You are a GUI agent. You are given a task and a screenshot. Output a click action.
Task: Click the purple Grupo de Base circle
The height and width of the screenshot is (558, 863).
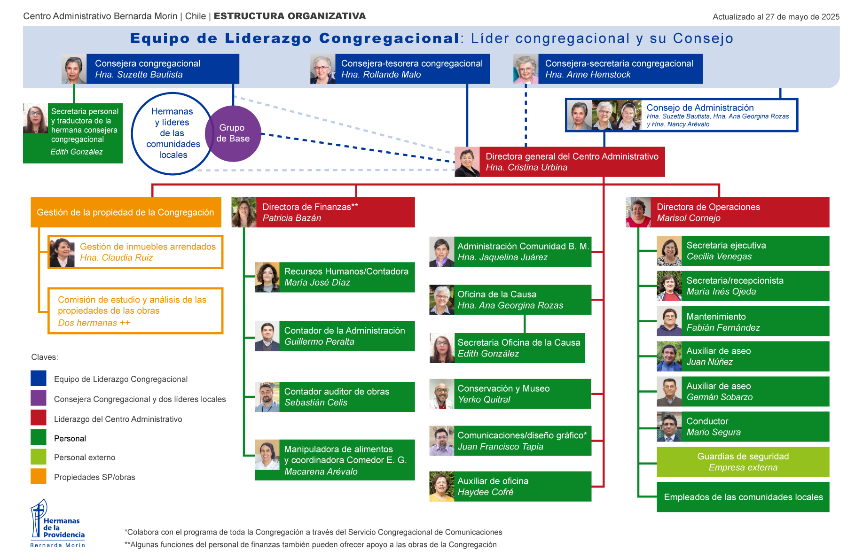pos(233,133)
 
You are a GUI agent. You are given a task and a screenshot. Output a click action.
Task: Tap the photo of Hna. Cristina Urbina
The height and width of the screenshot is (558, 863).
pos(467,162)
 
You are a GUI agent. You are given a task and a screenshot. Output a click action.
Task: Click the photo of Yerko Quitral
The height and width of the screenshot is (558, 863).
pos(442,394)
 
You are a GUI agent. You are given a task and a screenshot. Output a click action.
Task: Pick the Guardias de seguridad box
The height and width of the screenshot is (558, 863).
pos(743,462)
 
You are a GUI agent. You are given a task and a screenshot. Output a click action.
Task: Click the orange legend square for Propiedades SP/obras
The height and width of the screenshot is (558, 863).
pos(39,476)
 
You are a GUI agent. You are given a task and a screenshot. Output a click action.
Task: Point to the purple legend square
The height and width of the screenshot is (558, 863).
pos(39,398)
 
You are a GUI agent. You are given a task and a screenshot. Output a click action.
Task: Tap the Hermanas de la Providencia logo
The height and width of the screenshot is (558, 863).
pos(57,523)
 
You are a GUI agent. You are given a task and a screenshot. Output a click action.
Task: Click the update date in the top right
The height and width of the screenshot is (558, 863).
pos(776,17)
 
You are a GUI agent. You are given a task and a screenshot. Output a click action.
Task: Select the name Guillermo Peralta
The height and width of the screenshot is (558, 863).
pos(319,342)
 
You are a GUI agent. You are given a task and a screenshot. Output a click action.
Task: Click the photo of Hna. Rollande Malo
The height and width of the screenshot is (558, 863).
pos(323,69)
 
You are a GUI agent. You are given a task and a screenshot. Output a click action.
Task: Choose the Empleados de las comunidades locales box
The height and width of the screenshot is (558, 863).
pos(743,497)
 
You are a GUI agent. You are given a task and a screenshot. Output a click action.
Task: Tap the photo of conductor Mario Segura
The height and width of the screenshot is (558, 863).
pos(669,426)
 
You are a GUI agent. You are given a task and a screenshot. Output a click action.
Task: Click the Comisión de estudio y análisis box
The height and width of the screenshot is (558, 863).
pos(135,311)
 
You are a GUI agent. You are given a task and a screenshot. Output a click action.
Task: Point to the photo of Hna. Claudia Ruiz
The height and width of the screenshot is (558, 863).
pos(62,252)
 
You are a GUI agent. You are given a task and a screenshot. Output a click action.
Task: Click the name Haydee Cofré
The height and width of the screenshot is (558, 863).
pos(486,492)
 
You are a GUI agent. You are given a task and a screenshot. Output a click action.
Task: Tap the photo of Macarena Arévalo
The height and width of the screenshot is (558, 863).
pos(267,455)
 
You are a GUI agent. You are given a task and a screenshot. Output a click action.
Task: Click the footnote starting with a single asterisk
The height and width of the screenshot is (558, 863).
pos(314,532)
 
